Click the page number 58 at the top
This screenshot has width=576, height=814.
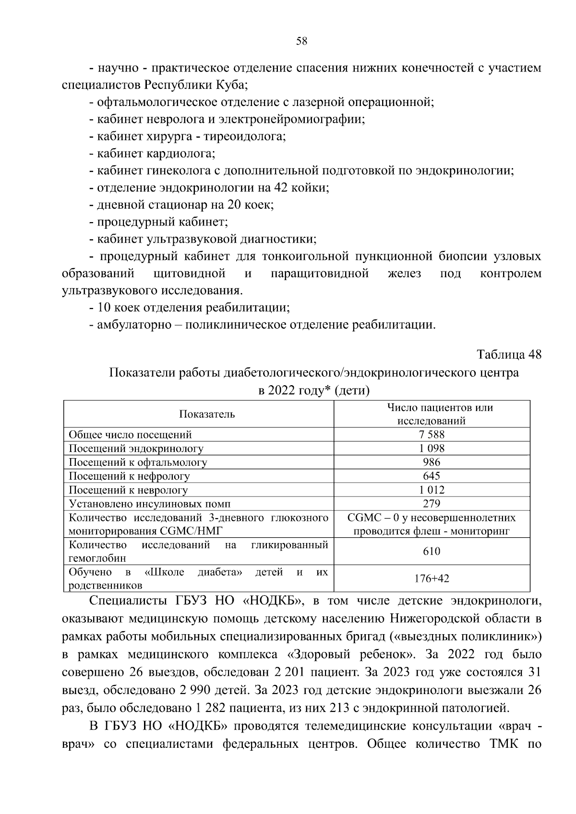tap(301, 41)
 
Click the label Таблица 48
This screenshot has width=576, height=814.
tap(509, 354)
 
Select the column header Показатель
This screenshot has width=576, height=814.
tap(207, 414)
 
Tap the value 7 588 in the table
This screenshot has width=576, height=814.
tap(432, 435)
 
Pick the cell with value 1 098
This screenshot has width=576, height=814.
tap(432, 448)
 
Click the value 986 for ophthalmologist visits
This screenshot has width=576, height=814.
tap(432, 462)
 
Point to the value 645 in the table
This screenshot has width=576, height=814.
tap(432, 476)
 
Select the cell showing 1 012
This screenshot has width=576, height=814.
tap(432, 490)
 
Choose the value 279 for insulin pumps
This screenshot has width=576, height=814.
tap(432, 504)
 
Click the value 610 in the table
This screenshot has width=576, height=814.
tap(432, 552)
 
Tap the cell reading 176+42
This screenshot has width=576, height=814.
tap(432, 579)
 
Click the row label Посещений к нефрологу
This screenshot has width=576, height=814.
tap(130, 476)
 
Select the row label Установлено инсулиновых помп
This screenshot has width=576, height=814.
tap(150, 504)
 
